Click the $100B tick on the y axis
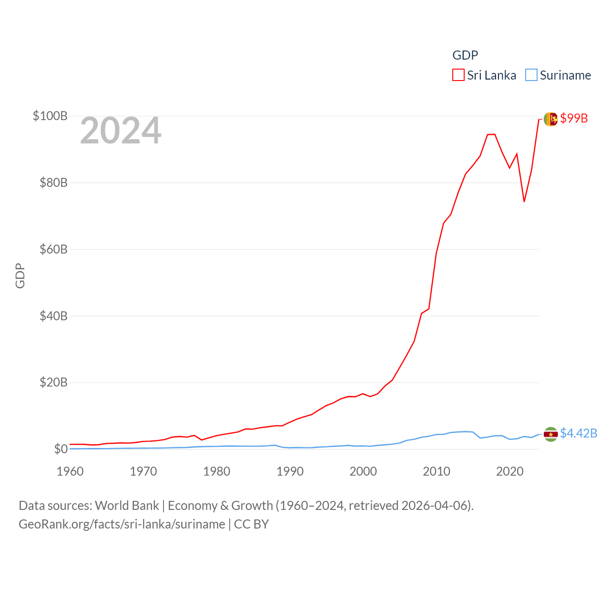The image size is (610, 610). coord(50,116)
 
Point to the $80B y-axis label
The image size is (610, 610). coord(53,183)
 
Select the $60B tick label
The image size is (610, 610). coord(53,249)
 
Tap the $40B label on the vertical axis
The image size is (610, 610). coord(53,316)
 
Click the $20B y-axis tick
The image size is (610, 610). coord(53,382)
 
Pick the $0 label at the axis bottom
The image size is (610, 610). coord(61,449)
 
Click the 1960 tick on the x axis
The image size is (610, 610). coord(70,471)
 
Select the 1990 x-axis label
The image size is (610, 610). coord(290,471)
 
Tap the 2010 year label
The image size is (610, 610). coord(437,471)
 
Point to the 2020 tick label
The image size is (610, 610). coord(510,471)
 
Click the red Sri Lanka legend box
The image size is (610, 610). coord(458,75)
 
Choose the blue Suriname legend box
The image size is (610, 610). coord(531,75)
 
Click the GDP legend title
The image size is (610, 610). coord(465,55)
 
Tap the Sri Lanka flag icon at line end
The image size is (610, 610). coord(551,119)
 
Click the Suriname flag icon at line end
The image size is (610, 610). coord(551,434)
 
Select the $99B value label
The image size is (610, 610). coord(574,118)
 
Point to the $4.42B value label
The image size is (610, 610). coord(579,433)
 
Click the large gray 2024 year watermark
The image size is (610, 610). coord(121,131)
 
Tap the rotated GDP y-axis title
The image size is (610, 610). coord(20,275)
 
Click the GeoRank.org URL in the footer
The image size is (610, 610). coord(122,524)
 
